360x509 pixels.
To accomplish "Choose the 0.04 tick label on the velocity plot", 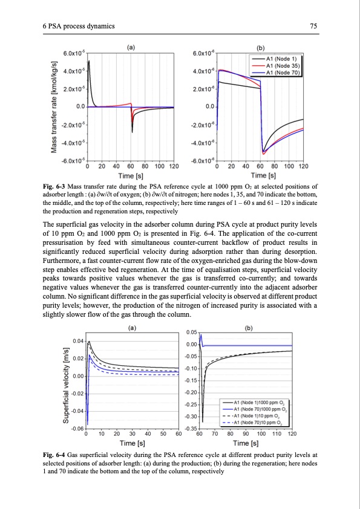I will [x=79, y=342].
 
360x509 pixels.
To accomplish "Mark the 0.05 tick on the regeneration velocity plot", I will [x=191, y=332].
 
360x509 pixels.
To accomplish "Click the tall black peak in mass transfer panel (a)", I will [x=89, y=62].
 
